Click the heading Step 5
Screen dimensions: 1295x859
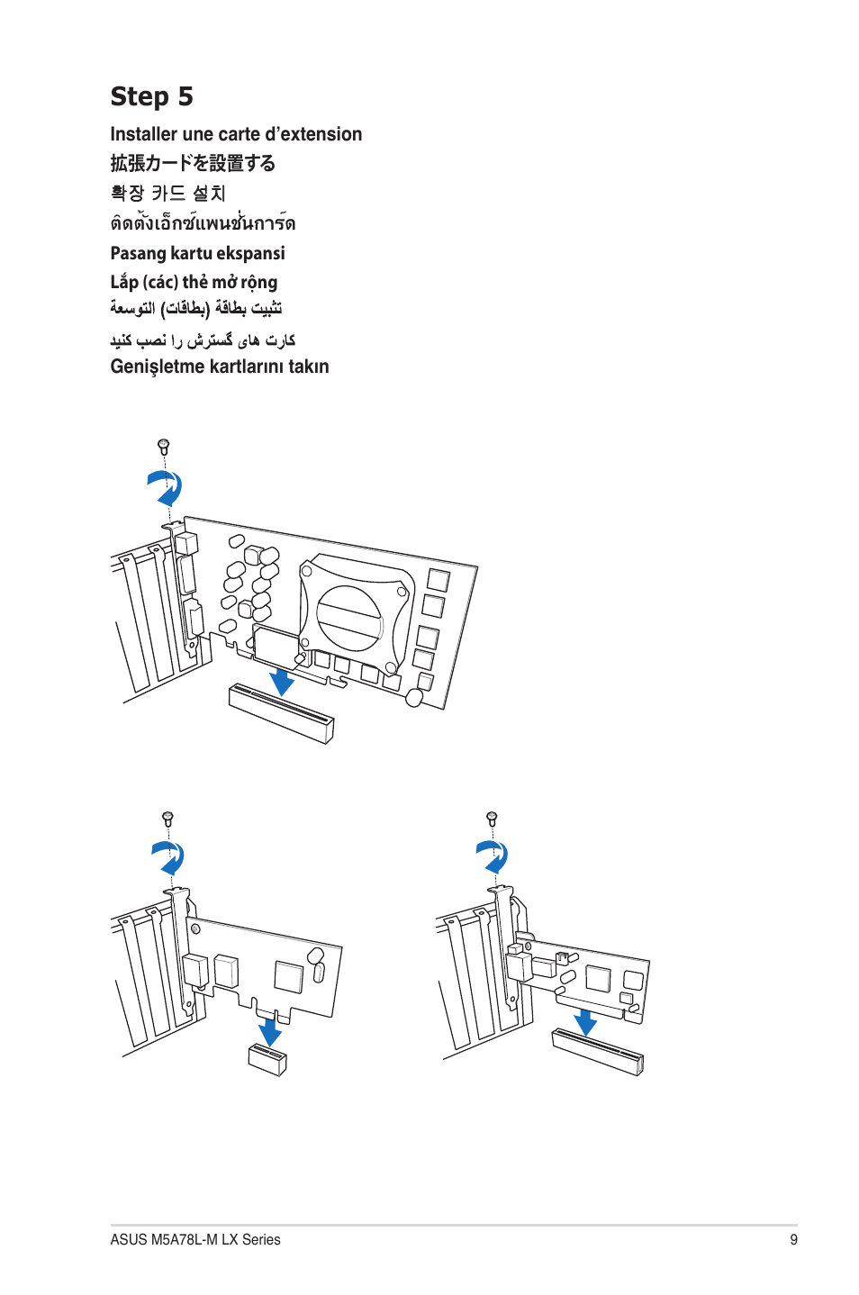pyautogui.click(x=151, y=96)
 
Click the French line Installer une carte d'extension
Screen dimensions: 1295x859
pyautogui.click(x=236, y=134)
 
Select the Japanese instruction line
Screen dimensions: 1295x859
pyautogui.click(x=193, y=163)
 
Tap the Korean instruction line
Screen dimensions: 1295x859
pyautogui.click(x=167, y=193)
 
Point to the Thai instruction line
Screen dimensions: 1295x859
pyautogui.click(x=203, y=222)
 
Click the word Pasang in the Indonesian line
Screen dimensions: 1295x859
pyautogui.click(x=138, y=253)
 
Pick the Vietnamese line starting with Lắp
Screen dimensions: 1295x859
pyautogui.click(x=194, y=282)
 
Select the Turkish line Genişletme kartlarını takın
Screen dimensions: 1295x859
pyautogui.click(x=220, y=367)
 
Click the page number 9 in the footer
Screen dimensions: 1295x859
pyautogui.click(x=793, y=1239)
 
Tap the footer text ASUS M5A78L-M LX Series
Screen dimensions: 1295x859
pyautogui.click(x=195, y=1239)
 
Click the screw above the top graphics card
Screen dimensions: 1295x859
pyautogui.click(x=163, y=446)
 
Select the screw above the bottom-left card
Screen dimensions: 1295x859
pyautogui.click(x=167, y=818)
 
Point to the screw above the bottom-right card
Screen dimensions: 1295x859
pyautogui.click(x=492, y=818)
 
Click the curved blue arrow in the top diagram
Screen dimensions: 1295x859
pyautogui.click(x=166, y=488)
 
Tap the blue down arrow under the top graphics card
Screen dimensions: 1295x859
pyautogui.click(x=282, y=681)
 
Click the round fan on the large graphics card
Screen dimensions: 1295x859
pyautogui.click(x=349, y=618)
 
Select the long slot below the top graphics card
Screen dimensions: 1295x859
pyautogui.click(x=281, y=713)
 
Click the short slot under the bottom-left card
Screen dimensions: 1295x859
pyautogui.click(x=267, y=1059)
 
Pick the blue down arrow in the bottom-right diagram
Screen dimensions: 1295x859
pyautogui.click(x=585, y=1021)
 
